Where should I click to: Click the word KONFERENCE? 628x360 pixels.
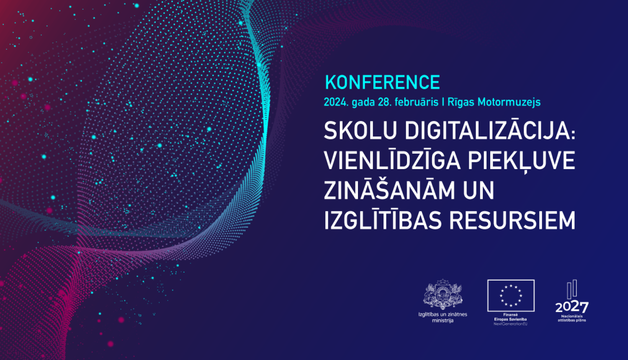[x=382, y=82]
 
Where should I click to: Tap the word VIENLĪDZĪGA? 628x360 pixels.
[x=392, y=161]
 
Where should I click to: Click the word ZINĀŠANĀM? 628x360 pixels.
[x=389, y=190]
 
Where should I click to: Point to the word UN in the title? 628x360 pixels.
[x=479, y=190]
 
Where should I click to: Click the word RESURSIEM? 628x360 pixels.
[x=512, y=220]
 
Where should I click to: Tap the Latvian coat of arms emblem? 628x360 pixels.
[x=443, y=295]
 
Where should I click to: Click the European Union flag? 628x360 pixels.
[x=511, y=296]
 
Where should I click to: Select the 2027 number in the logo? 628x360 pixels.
[x=571, y=307]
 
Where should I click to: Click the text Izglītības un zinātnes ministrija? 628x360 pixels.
[x=443, y=317]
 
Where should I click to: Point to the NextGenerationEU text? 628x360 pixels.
[x=510, y=324]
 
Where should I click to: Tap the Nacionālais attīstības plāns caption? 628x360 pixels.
[x=571, y=318]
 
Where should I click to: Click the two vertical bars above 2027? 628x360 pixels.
[x=572, y=289]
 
